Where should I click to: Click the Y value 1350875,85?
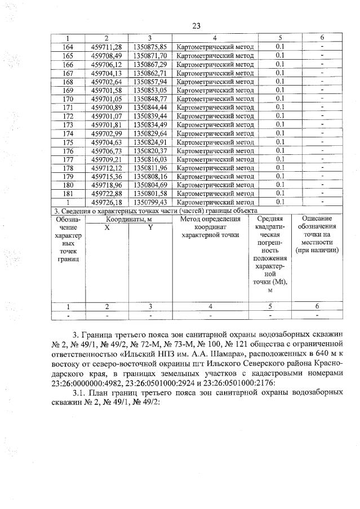tap(150, 47)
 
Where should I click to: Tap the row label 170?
tap(68, 99)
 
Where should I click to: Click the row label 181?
tap(68, 193)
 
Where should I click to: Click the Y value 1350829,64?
tap(150, 133)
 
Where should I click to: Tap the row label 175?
tap(68, 142)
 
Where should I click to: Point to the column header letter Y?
tap(150, 227)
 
